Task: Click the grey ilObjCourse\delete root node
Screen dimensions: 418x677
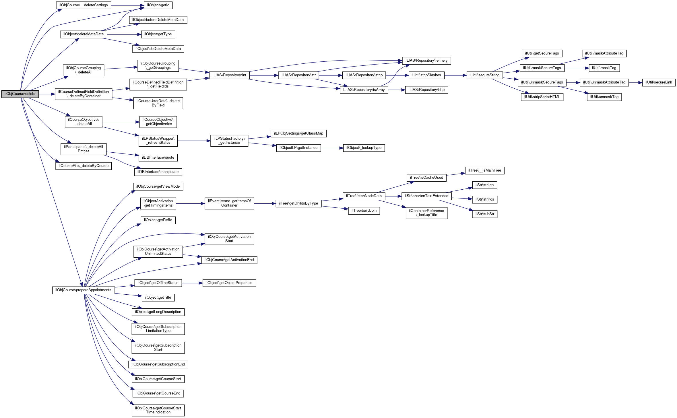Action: click(20, 94)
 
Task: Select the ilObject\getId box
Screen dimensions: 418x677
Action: click(158, 5)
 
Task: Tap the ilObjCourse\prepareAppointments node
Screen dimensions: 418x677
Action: click(83, 290)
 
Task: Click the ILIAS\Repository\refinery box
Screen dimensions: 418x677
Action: click(426, 61)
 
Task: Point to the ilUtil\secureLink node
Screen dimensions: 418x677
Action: click(659, 82)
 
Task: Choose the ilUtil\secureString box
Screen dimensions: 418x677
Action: click(484, 75)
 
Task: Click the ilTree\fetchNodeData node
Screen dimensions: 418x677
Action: click(364, 196)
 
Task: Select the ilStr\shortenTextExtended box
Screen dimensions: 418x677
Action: click(426, 196)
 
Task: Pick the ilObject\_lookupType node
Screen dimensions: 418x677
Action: click(364, 148)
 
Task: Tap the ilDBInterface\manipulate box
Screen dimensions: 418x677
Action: click(158, 172)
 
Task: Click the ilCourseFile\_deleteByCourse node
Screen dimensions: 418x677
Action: click(84, 166)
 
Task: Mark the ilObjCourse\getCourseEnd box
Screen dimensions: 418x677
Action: click(158, 393)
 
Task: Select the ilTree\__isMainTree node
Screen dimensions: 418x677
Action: click(484, 170)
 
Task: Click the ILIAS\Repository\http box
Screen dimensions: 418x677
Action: click(426, 90)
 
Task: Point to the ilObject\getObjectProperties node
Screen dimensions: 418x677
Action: click(229, 283)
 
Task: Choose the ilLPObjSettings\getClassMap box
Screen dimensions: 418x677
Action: click(298, 133)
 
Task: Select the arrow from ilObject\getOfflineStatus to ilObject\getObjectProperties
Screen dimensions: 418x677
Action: click(192, 283)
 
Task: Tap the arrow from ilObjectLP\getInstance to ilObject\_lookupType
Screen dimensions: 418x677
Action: click(332, 148)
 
